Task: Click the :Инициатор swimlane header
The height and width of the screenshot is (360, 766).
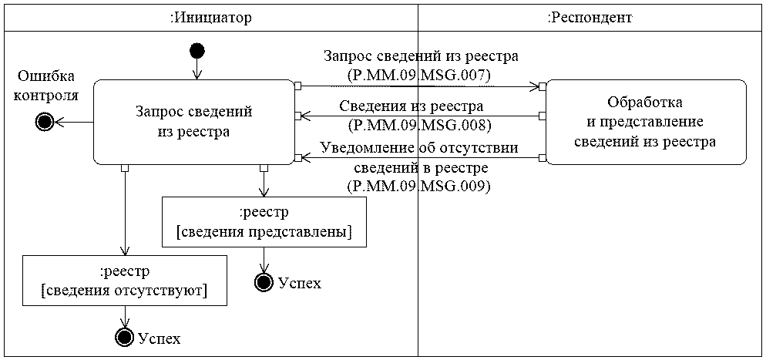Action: click(x=210, y=17)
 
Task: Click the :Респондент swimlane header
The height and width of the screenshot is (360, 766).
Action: click(x=590, y=17)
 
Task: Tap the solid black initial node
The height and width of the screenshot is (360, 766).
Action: click(x=197, y=51)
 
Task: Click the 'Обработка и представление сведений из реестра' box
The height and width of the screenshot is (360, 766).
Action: click(x=645, y=122)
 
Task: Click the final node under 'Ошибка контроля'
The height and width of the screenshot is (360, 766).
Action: click(x=44, y=122)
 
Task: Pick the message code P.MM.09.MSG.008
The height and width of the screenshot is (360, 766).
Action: click(x=420, y=123)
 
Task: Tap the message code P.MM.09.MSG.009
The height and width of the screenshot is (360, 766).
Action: click(x=420, y=186)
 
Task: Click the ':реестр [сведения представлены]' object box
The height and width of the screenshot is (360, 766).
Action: click(x=264, y=222)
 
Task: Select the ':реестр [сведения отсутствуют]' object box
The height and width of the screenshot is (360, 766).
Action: click(x=124, y=281)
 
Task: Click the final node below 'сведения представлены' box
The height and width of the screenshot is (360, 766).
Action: click(x=264, y=283)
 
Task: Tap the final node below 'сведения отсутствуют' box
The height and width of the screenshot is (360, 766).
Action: click(x=123, y=337)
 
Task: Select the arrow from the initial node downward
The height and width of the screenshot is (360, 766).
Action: click(x=197, y=69)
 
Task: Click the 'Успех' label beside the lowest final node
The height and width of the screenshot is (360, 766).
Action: click(x=159, y=338)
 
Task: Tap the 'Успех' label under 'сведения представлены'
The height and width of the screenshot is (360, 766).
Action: click(x=299, y=283)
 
